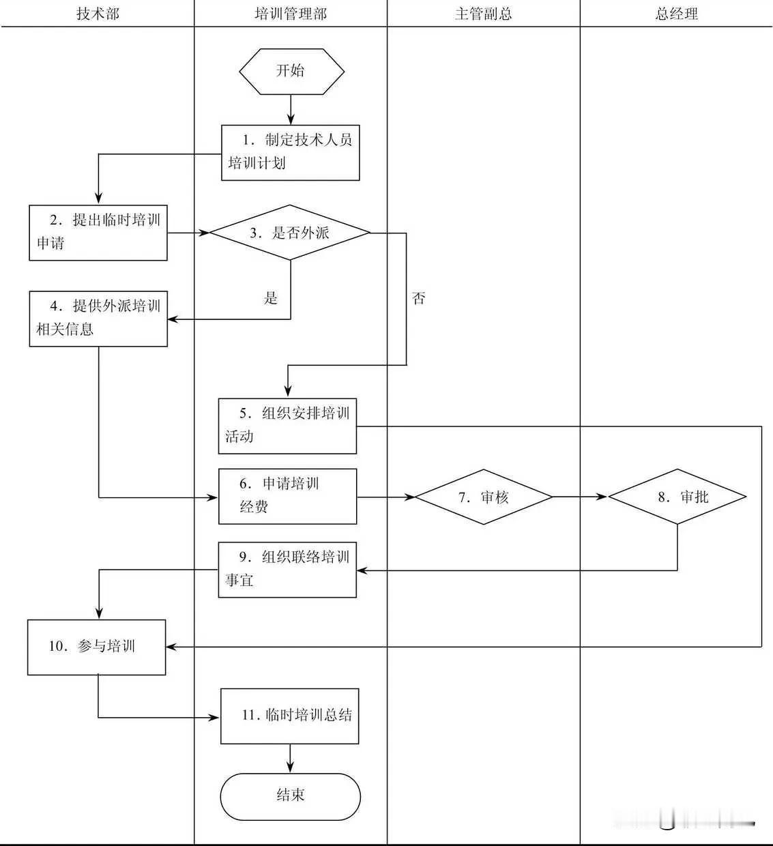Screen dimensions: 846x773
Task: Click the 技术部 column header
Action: (x=98, y=14)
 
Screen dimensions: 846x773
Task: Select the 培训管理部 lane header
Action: (x=291, y=14)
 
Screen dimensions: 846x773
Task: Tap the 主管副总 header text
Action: (x=483, y=14)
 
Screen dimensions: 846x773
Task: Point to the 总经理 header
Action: (x=676, y=14)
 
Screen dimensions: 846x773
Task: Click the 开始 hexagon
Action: (x=291, y=71)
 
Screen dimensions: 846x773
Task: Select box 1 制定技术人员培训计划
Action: (x=291, y=153)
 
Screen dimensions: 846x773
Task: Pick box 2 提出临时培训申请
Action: (x=98, y=233)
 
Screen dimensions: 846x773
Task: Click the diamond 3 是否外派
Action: (x=290, y=233)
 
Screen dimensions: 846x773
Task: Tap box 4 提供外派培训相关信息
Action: (x=98, y=319)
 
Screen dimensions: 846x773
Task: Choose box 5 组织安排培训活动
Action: (x=287, y=426)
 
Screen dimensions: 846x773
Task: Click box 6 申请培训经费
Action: (x=287, y=496)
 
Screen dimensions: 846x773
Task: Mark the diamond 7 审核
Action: (x=484, y=497)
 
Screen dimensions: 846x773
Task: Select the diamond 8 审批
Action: (x=677, y=497)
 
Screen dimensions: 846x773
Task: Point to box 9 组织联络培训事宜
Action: (x=287, y=570)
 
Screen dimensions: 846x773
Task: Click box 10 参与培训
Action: (x=96, y=647)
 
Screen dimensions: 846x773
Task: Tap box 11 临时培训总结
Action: (x=290, y=716)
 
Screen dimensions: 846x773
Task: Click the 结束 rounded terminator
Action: (x=290, y=796)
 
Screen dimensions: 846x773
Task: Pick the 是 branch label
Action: (x=271, y=298)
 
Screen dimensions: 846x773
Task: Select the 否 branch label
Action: (x=418, y=298)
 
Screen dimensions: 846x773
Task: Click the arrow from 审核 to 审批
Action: (x=579, y=497)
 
